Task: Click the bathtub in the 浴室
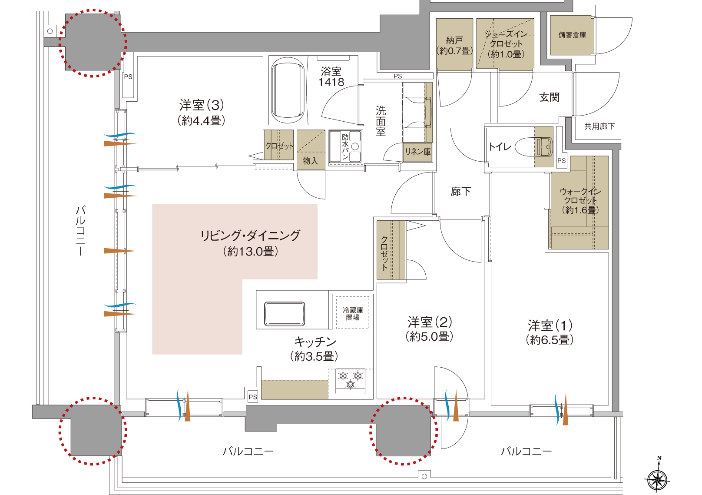click(x=288, y=90)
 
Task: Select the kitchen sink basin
click(x=284, y=314)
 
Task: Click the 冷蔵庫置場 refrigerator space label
click(x=353, y=314)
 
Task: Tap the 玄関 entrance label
click(x=549, y=97)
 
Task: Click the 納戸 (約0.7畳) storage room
click(x=454, y=44)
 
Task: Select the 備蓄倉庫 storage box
click(x=572, y=35)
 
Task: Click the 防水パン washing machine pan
click(x=345, y=146)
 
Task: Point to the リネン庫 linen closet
click(x=417, y=152)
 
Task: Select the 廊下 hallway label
click(x=460, y=192)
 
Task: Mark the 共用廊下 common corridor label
click(x=599, y=126)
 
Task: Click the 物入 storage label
click(x=310, y=161)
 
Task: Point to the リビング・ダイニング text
click(x=250, y=236)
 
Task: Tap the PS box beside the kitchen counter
click(x=252, y=397)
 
